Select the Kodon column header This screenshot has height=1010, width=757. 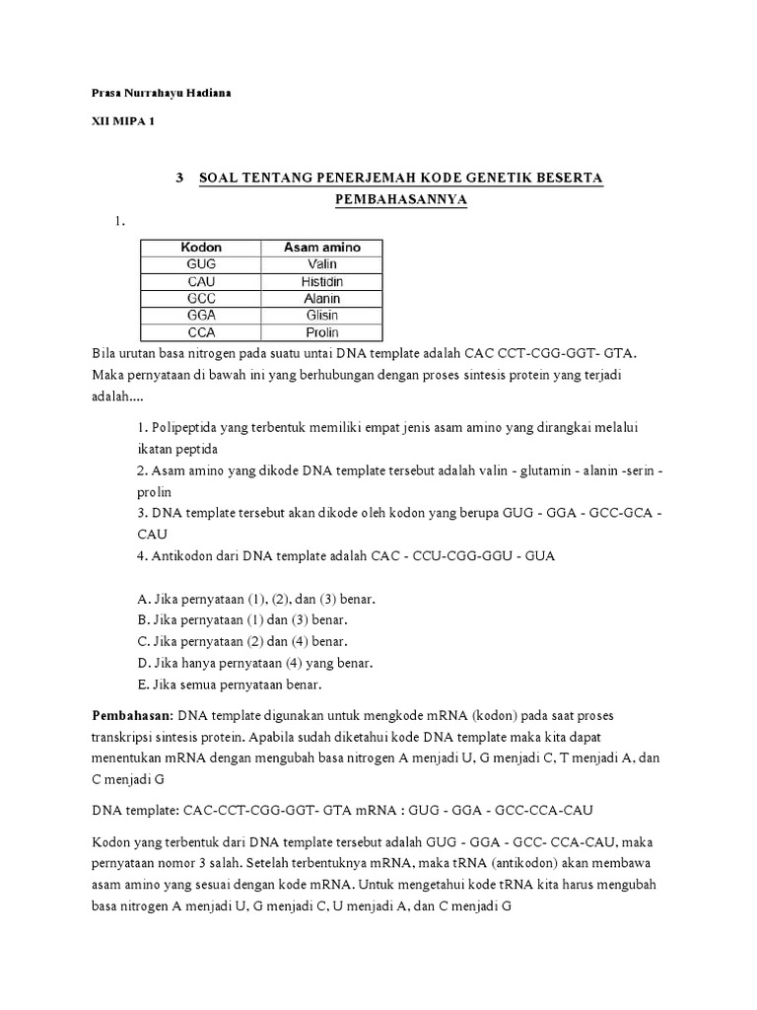click(x=201, y=248)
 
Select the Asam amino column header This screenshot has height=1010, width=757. click(x=321, y=248)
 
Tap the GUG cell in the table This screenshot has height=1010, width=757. click(x=201, y=264)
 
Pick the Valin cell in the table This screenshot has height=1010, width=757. click(x=321, y=264)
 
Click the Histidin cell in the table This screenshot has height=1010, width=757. click(x=321, y=281)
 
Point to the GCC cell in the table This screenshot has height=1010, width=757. click(x=201, y=298)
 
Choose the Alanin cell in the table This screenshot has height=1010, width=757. click(x=321, y=298)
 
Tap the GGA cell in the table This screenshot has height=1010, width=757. click(x=201, y=315)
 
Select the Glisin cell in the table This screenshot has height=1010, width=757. click(x=321, y=315)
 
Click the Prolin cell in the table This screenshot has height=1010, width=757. click(x=321, y=331)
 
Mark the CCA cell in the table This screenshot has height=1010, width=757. click(x=201, y=331)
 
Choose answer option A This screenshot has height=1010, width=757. click(x=255, y=599)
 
